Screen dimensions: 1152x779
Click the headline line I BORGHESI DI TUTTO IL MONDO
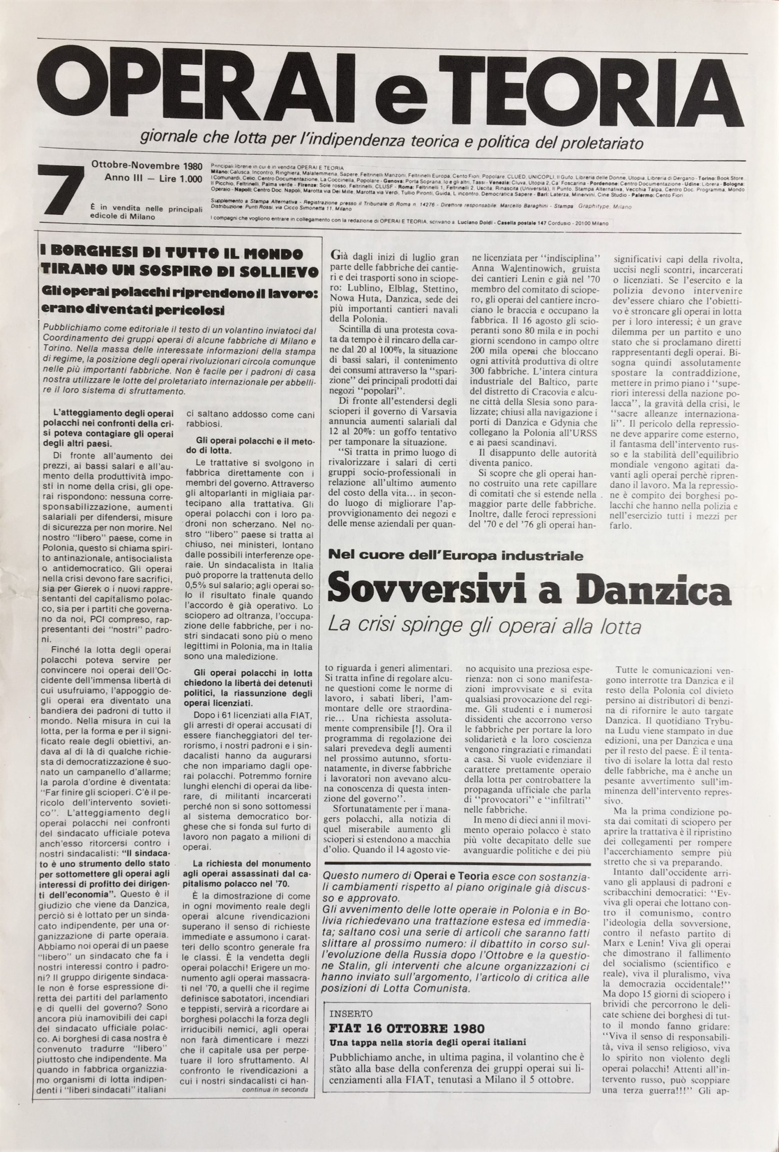[x=171, y=254]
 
